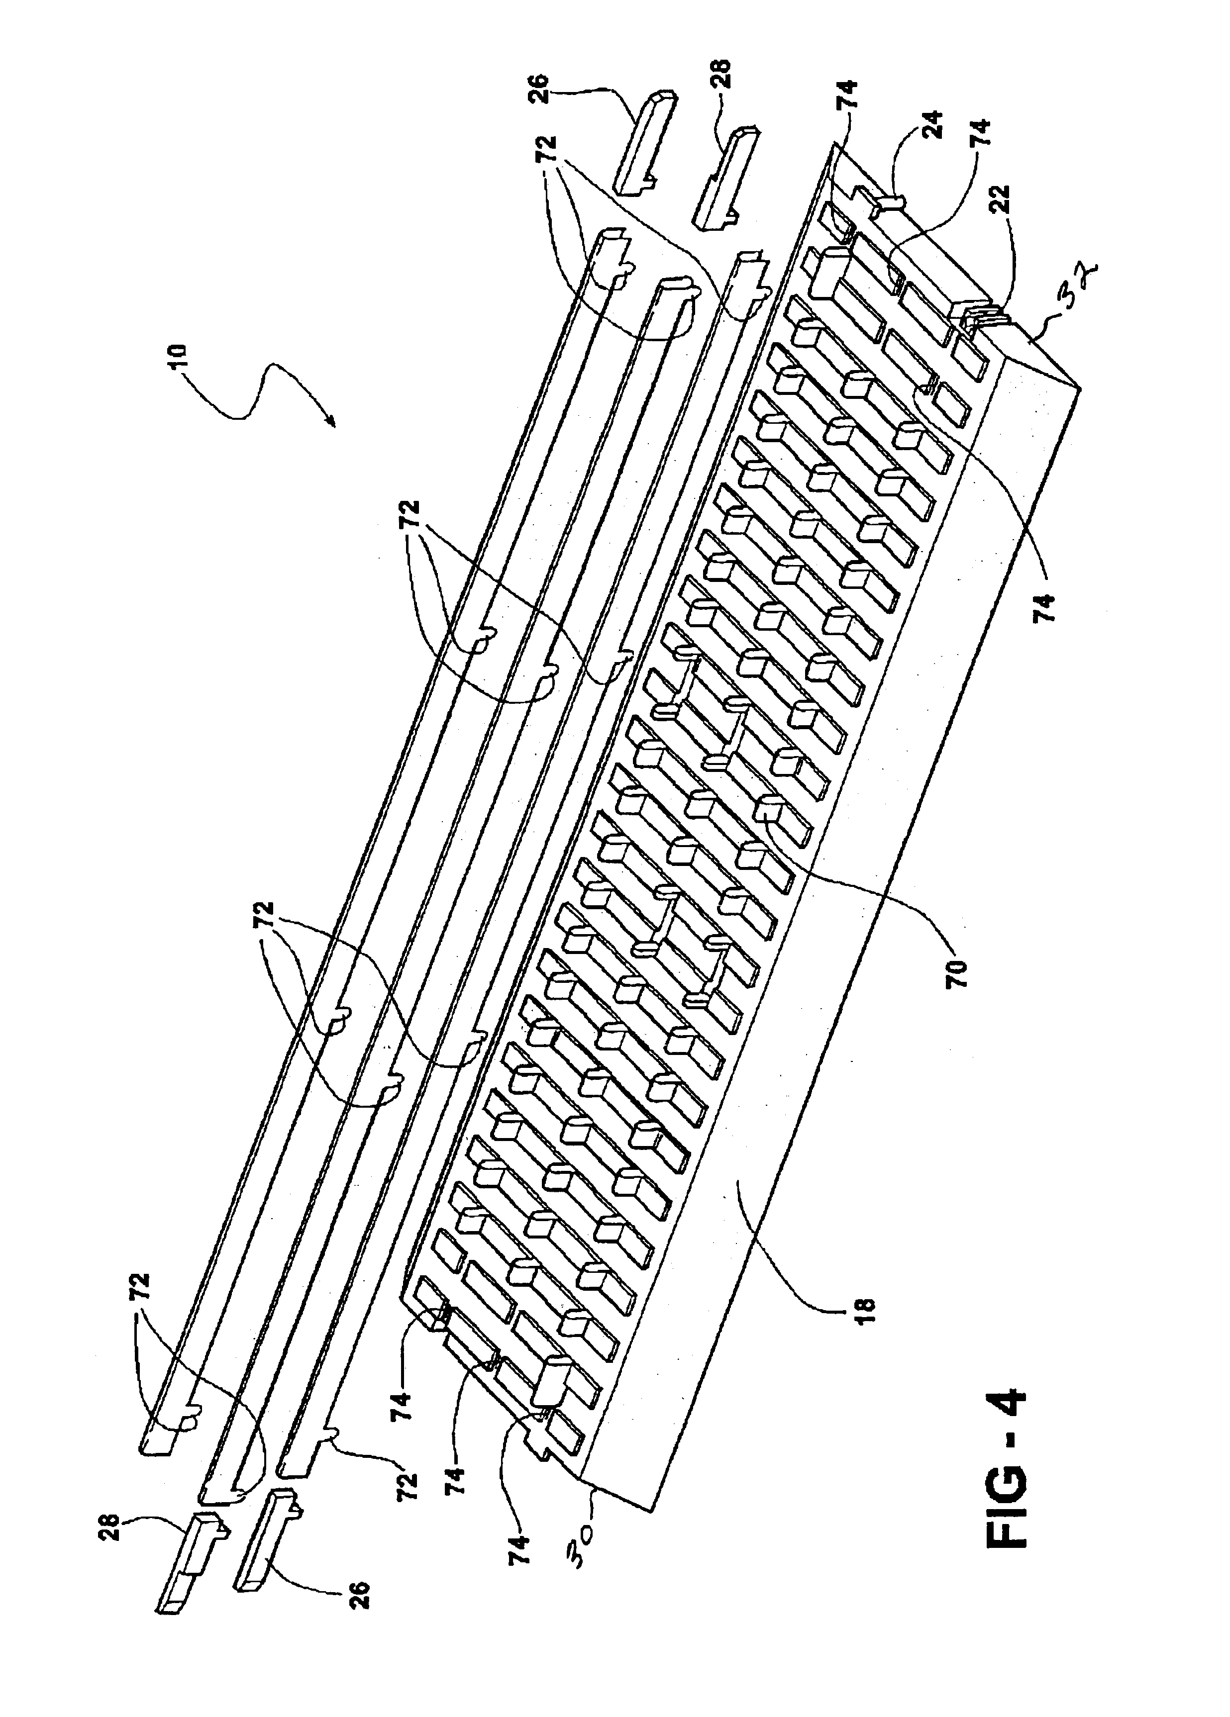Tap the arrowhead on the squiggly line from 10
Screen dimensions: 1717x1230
[x=331, y=423]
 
